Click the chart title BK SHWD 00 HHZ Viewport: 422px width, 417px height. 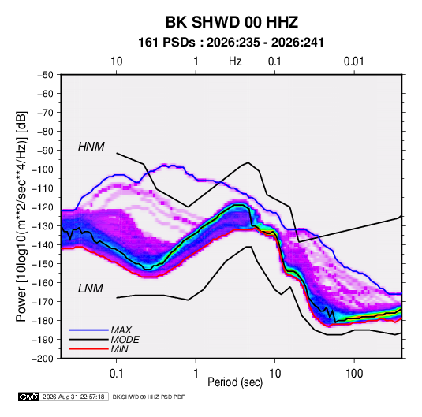[x=231, y=22]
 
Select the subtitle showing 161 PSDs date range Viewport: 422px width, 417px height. [x=231, y=43]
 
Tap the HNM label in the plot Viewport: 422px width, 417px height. [x=91, y=147]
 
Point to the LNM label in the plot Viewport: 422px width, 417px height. [x=91, y=289]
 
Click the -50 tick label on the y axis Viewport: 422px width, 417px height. [x=45, y=75]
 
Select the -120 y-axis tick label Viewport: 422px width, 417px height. [x=43, y=207]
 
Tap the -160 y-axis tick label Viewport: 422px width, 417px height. [x=43, y=283]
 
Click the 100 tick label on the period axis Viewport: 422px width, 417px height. [x=354, y=374]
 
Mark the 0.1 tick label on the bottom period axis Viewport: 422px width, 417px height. [x=116, y=374]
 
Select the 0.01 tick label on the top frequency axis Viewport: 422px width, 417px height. [x=354, y=61]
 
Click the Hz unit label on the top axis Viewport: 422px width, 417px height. [x=235, y=61]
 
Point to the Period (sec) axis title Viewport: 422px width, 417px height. [x=235, y=382]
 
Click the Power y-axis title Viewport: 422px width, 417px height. [x=21, y=216]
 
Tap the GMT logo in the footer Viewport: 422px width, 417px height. [x=28, y=397]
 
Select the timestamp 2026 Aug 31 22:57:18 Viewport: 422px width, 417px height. [x=73, y=397]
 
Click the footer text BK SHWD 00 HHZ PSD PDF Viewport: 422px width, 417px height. [x=148, y=397]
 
